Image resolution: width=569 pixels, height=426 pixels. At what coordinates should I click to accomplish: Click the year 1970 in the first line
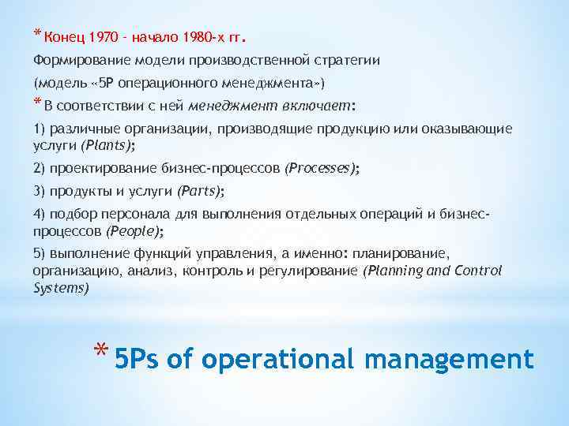pos(104,36)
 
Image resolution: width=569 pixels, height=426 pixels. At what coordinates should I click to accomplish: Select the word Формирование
pos(75,60)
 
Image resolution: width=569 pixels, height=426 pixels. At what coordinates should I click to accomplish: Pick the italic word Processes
pos(321,168)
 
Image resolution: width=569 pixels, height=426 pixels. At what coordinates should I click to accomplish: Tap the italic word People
pos(134,231)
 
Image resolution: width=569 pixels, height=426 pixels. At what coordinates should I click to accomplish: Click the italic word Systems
pos(61,288)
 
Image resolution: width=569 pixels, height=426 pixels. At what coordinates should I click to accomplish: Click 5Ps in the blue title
pos(138,360)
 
